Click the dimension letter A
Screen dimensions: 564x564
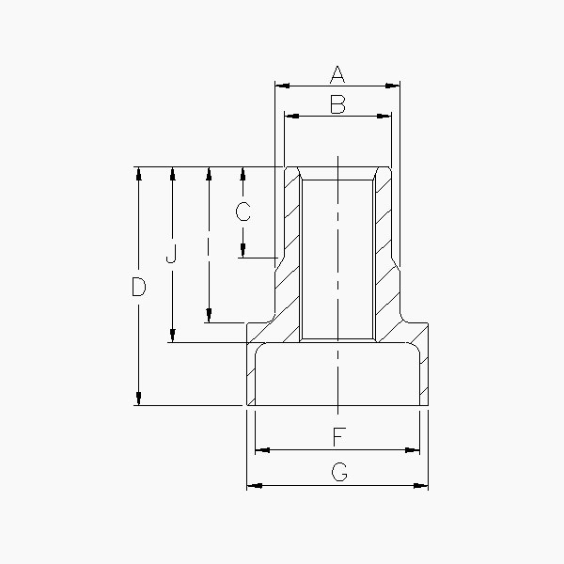pos(337,74)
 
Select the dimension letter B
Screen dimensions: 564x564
pos(337,104)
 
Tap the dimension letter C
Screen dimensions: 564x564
pos(243,211)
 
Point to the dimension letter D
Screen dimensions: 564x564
pos(138,288)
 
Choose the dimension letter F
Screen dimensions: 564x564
pos(337,437)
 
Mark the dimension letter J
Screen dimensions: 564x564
pos(171,255)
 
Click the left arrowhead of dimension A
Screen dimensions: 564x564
pos(279,86)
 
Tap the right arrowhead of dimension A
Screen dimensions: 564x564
pos(396,86)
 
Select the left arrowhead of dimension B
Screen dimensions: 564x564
pos(290,117)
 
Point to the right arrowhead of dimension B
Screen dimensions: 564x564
pos(385,117)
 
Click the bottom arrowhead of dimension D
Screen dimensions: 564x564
pos(139,399)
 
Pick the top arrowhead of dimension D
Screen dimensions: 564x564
pos(139,173)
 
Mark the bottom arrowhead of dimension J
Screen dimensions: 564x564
pos(173,337)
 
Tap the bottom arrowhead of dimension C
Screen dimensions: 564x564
pos(243,251)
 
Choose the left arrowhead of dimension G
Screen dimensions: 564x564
pos(252,486)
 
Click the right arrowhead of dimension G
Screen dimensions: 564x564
pos(423,486)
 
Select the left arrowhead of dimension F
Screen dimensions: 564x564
pos(261,450)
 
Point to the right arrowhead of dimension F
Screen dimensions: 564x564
pos(414,450)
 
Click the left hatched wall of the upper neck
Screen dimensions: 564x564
pos(291,244)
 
